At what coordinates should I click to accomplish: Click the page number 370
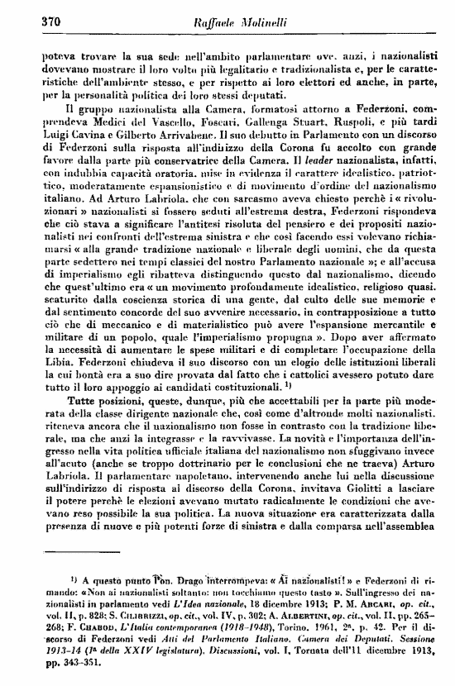tap(31, 23)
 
